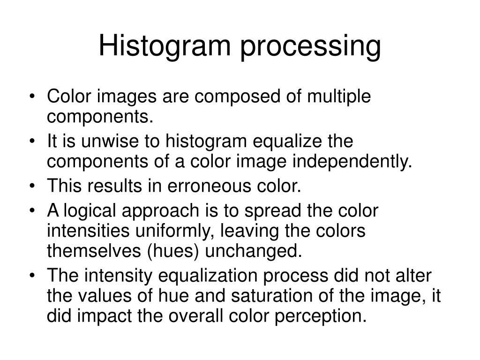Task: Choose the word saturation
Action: click(269, 296)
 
